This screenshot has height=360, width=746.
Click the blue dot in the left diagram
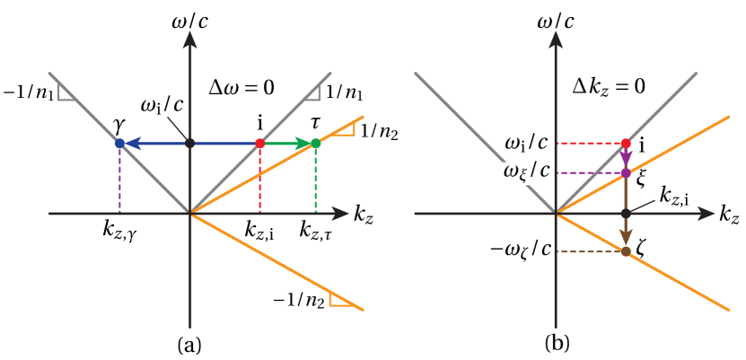(x=119, y=143)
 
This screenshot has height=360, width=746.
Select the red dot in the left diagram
(x=260, y=143)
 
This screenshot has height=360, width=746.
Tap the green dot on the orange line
(x=316, y=143)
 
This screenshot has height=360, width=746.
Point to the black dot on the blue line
(x=189, y=143)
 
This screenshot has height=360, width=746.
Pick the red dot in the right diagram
(x=626, y=144)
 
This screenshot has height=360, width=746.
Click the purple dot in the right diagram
(x=626, y=172)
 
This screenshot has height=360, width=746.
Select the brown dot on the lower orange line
(x=626, y=251)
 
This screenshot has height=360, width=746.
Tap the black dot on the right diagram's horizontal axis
(x=626, y=214)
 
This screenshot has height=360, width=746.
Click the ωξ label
(x=519, y=173)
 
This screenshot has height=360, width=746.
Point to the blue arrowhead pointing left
(x=133, y=143)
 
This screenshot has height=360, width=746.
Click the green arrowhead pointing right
(x=303, y=143)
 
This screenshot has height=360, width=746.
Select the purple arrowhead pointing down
(x=626, y=159)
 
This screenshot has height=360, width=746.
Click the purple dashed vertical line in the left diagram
(x=119, y=180)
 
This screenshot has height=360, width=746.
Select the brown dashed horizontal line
(x=591, y=251)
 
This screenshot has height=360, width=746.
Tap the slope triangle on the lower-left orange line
(x=342, y=299)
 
